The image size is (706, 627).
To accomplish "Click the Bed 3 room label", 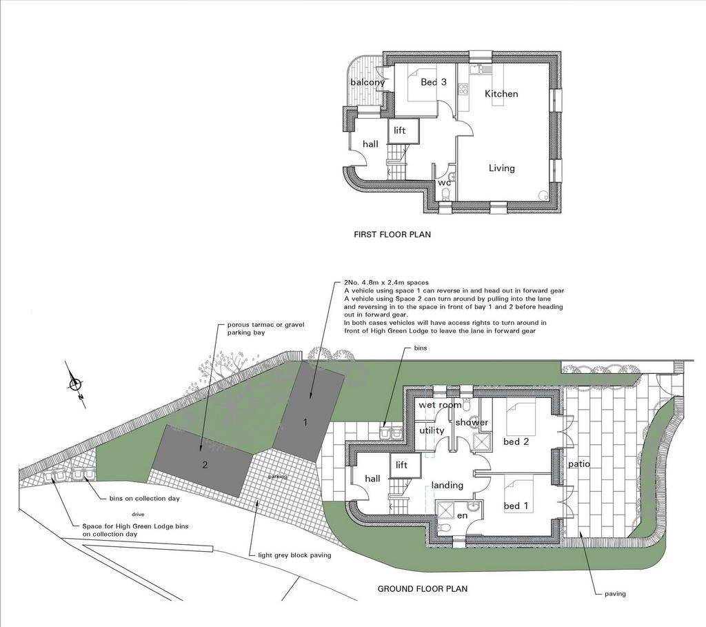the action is tap(434, 82).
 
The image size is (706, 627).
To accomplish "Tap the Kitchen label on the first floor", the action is tap(501, 94).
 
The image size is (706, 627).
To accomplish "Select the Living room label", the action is tap(502, 168).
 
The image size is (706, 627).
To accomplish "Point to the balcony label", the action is tap(367, 83).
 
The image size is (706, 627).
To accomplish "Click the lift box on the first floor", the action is tap(404, 131).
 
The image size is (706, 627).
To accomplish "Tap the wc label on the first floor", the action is tap(444, 183).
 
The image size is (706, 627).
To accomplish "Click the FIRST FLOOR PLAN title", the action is tap(392, 235).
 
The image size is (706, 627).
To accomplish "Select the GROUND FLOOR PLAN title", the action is tap(423, 588).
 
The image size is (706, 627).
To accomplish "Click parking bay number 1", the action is tap(305, 423).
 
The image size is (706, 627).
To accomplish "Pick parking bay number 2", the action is tap(205, 465).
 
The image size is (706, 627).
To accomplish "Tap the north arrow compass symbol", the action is tap(74, 384).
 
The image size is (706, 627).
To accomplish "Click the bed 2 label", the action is tap(516, 442).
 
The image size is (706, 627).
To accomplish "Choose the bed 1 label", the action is tap(516, 506).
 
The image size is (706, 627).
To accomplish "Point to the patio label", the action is tap(578, 464).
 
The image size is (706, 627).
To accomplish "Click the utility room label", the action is tap(432, 430).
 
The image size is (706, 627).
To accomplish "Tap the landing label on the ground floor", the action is tap(447, 485).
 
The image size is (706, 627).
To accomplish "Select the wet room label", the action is tap(440, 405).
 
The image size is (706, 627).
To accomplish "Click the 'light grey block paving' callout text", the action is tap(294, 555).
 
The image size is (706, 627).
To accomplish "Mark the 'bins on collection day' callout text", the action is tap(144, 499).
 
